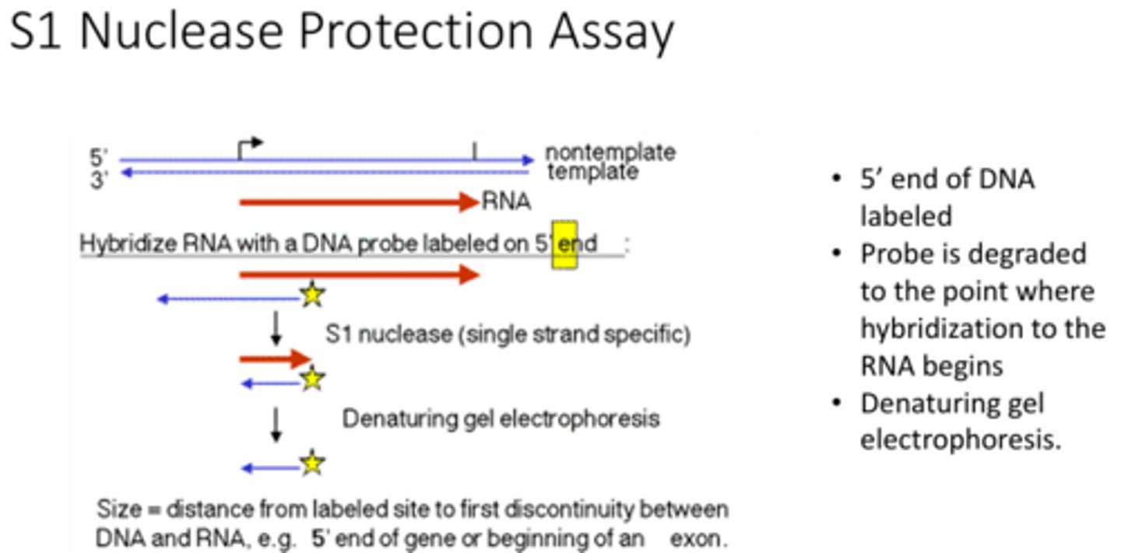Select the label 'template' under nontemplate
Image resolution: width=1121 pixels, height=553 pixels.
point(593,171)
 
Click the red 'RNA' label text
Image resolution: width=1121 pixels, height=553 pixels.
point(507,203)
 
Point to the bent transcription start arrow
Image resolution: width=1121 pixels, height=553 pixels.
point(251,146)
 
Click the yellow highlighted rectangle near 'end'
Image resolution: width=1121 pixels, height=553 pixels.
point(564,244)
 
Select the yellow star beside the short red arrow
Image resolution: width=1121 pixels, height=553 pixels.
point(312,380)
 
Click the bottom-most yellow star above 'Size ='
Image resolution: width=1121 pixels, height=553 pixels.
point(312,464)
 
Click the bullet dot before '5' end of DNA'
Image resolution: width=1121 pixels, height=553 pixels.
point(837,180)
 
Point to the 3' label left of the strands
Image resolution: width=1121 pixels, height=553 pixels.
point(99,181)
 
